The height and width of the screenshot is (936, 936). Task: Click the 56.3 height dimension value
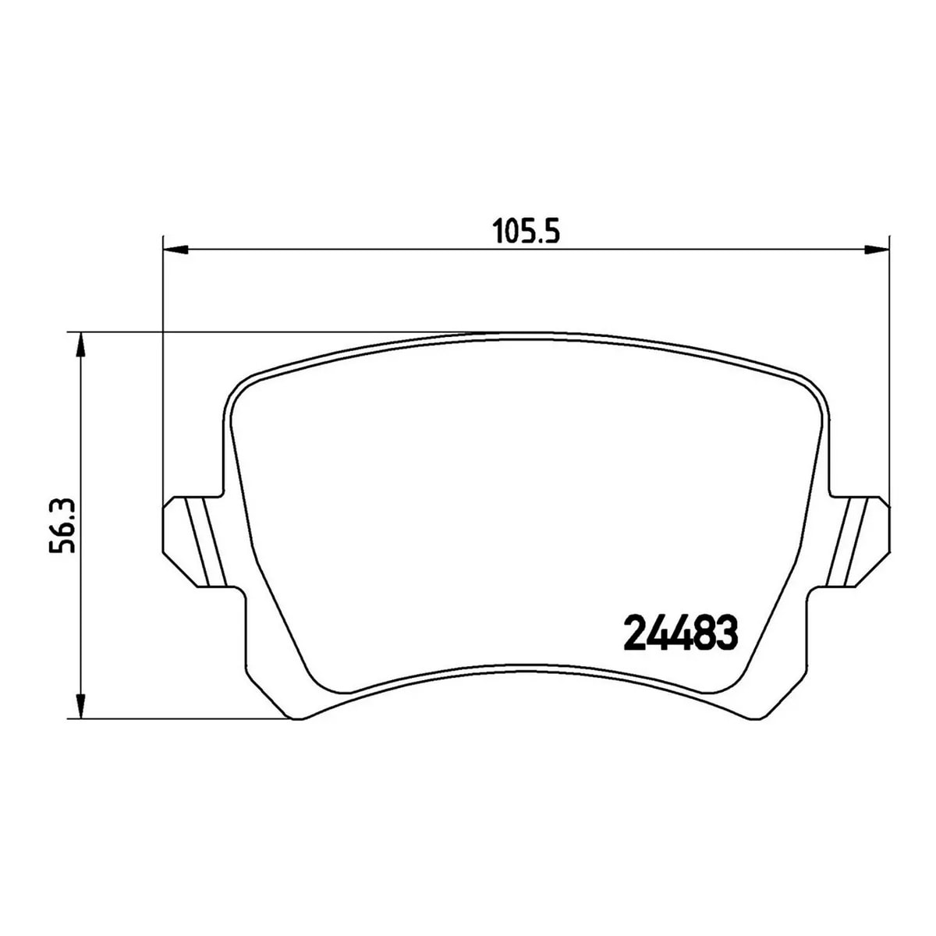[x=62, y=526]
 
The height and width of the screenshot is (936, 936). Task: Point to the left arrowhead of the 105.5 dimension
[x=175, y=250]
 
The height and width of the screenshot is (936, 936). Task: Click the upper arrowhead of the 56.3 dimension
[x=82, y=346]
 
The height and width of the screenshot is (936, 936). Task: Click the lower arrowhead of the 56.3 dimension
[x=82, y=705]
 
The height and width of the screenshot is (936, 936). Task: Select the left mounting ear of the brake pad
[x=194, y=541]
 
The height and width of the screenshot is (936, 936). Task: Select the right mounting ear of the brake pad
[x=858, y=541]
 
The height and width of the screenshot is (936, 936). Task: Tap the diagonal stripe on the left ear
[x=206, y=541]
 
